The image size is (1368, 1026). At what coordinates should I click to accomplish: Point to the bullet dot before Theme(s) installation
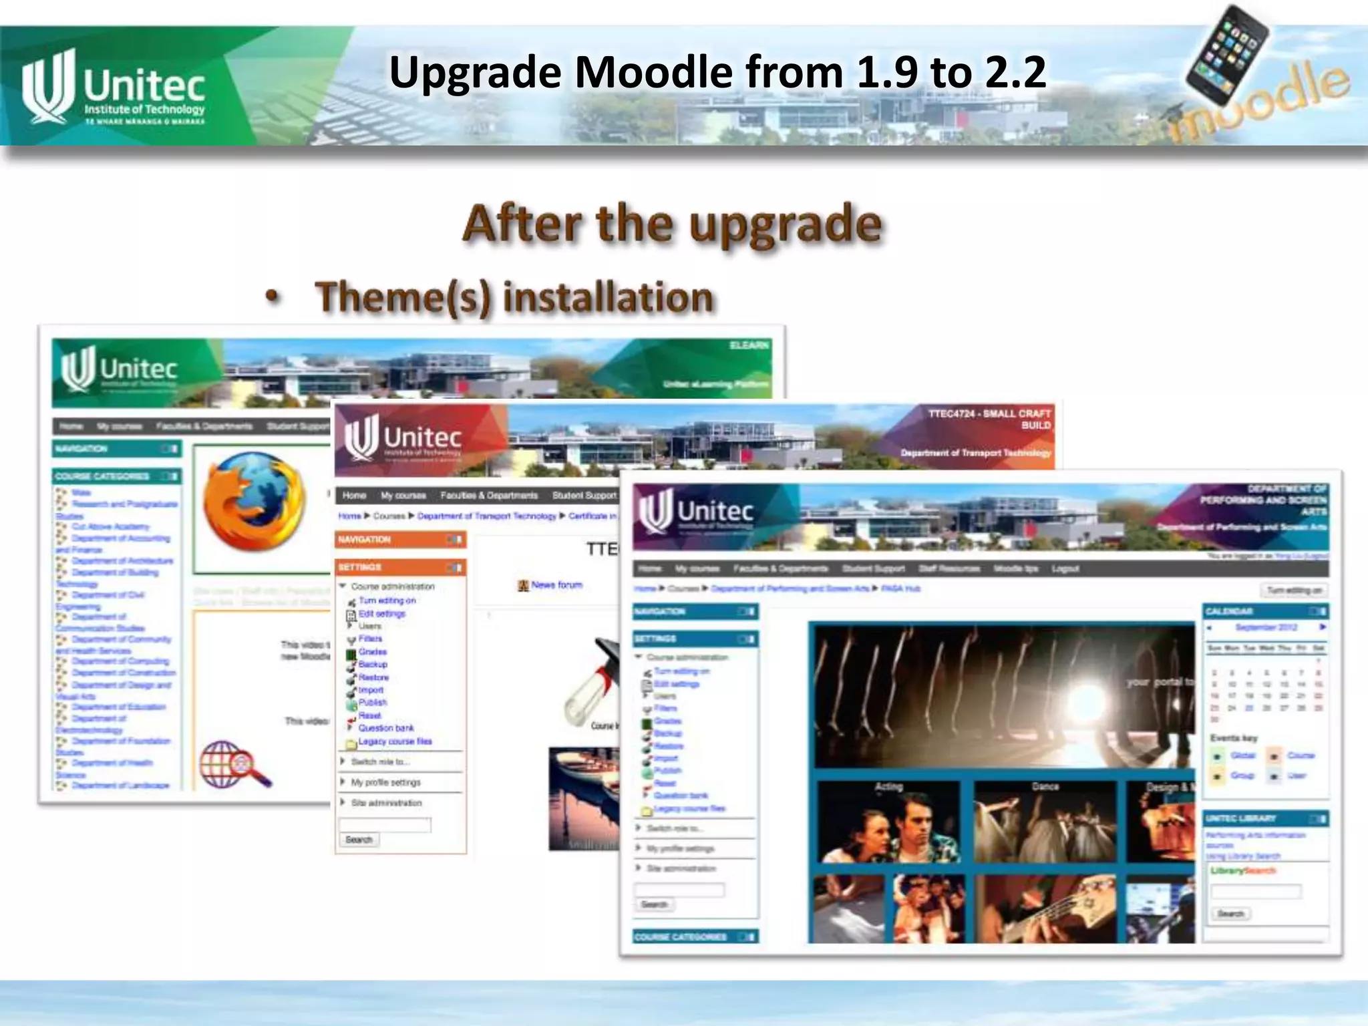click(x=272, y=297)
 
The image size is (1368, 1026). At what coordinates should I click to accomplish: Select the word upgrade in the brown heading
click(x=786, y=224)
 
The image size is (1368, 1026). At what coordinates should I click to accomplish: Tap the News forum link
click(x=556, y=585)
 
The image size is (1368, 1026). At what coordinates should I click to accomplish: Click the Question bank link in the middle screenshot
click(x=385, y=728)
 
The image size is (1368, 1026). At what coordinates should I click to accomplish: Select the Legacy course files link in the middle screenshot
click(x=394, y=741)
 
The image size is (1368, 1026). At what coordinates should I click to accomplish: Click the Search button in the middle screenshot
click(x=359, y=840)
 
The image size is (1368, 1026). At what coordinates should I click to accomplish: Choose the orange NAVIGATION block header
click(x=400, y=540)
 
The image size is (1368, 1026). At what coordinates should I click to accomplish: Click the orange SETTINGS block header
click(x=400, y=567)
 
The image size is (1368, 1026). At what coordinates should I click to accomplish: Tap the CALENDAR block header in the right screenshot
click(x=1265, y=611)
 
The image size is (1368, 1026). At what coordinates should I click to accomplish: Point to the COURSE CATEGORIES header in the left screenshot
click(x=116, y=476)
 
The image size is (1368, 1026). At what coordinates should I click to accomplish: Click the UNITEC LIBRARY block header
click(x=1265, y=818)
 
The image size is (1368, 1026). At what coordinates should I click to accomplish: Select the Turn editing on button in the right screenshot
click(x=1294, y=590)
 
